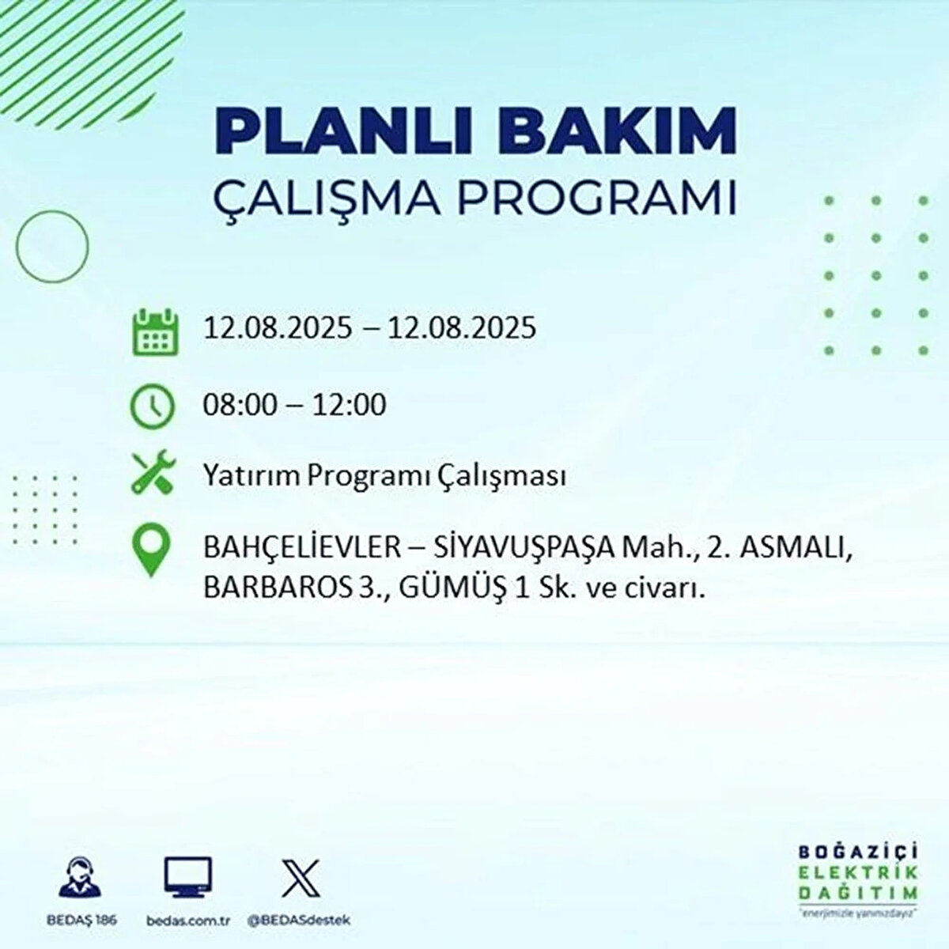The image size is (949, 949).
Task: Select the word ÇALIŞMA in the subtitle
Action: tap(327, 199)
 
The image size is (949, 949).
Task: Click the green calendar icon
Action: tap(156, 331)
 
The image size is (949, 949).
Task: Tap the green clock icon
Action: tap(152, 406)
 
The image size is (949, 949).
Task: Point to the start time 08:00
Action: tap(241, 405)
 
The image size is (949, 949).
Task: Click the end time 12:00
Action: tap(349, 405)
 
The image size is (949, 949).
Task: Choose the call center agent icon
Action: tap(80, 875)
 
